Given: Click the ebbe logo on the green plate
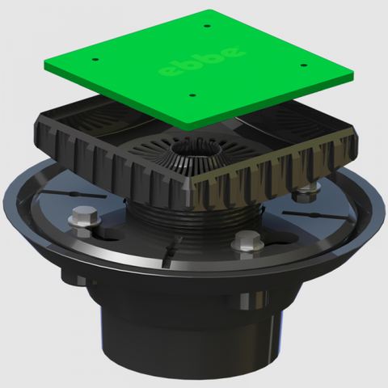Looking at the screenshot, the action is click(x=202, y=61).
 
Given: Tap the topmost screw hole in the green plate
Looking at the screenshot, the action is click(x=207, y=26).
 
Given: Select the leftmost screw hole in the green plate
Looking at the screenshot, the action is click(x=95, y=59).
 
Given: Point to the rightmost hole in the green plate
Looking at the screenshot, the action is click(x=303, y=65).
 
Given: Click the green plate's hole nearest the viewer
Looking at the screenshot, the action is click(x=192, y=95).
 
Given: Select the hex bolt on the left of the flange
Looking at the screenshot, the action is click(x=82, y=221).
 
